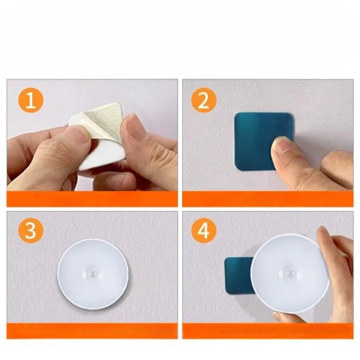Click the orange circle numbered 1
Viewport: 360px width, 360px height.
coord(31,101)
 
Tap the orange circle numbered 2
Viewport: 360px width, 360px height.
coord(203,101)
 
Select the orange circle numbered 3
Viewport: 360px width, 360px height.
coord(31,231)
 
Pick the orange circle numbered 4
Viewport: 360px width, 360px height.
coord(203,231)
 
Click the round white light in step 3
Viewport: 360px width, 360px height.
coord(93,274)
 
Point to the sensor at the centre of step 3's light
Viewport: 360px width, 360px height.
coord(93,274)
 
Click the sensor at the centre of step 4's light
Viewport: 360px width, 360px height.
coord(290,273)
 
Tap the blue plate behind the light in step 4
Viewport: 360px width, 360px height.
coord(238,276)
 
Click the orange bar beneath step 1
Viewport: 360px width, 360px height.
coord(92,199)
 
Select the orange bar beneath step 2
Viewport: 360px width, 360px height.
coord(268,199)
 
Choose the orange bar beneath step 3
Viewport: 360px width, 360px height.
coord(92,331)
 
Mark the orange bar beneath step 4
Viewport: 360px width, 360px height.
coord(268,331)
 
